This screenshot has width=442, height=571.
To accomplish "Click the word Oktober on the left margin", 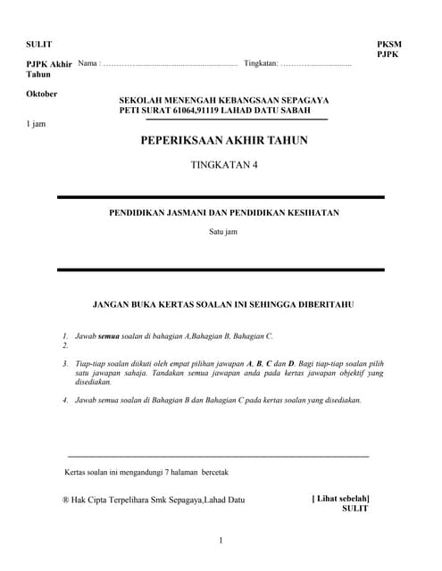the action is (42, 94).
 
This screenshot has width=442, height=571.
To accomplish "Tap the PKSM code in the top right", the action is (390, 44).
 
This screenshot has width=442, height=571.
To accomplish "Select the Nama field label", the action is (88, 64).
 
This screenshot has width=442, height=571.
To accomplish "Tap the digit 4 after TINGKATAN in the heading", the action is (253, 164).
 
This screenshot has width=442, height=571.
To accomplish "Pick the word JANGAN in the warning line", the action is (114, 304).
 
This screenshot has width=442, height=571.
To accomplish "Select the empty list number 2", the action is (65, 344).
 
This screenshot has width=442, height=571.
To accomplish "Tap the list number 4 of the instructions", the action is (65, 400).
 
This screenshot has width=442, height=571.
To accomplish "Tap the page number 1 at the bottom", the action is (221, 541).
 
